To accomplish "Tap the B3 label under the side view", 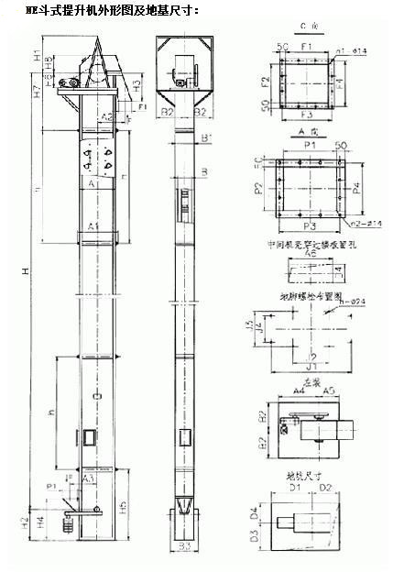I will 184,547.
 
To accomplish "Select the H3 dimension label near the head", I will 136,87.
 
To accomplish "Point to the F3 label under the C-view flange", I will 306,116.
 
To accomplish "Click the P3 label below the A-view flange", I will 308,225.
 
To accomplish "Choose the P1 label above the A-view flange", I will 309,145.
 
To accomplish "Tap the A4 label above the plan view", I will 299,390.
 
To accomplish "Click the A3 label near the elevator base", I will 88,479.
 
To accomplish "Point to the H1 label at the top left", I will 37,56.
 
